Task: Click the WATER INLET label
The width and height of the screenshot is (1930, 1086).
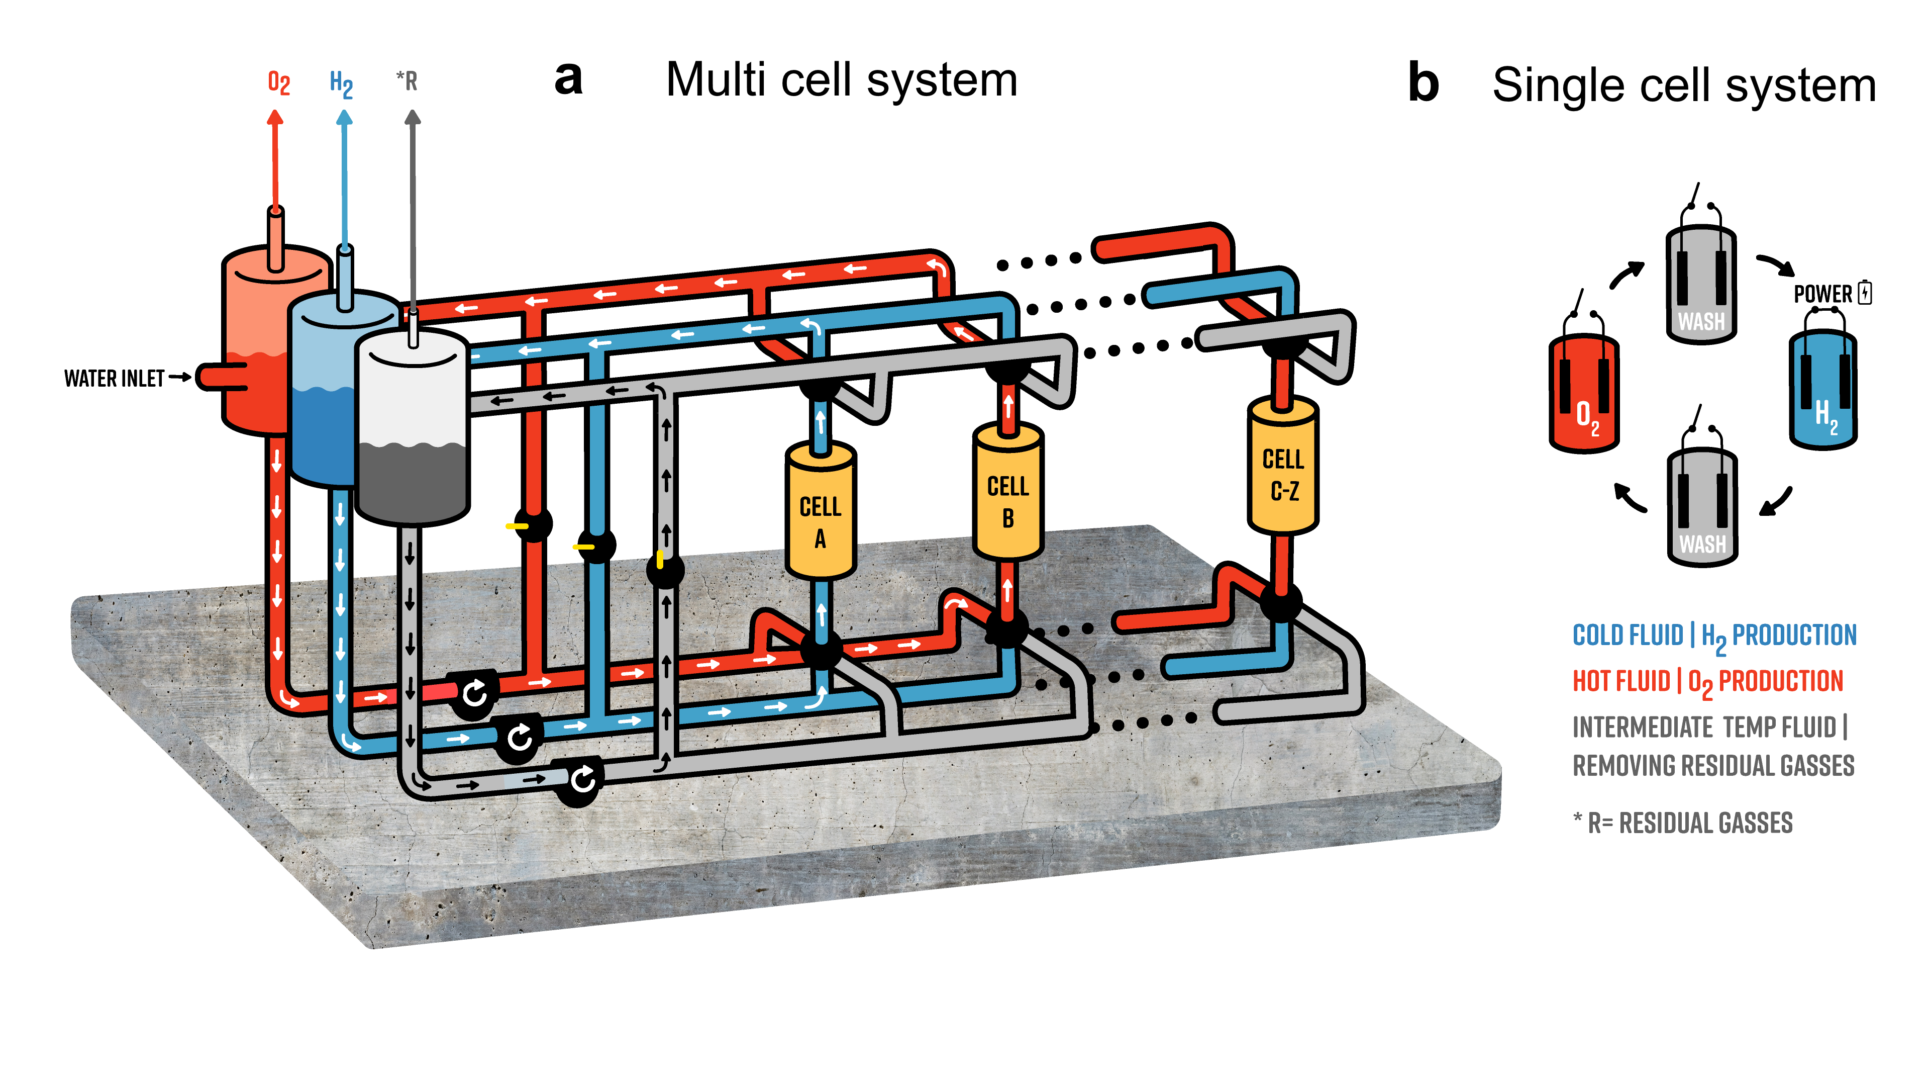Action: pos(114,379)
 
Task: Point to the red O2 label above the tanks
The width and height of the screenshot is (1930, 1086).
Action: pos(279,82)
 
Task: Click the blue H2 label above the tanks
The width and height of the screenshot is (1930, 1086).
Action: pos(341,84)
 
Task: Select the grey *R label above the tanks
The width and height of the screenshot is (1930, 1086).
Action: pos(407,80)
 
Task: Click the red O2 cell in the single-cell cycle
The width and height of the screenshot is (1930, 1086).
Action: pos(1584,394)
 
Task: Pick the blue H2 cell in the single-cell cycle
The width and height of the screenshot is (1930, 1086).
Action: pos(1823,390)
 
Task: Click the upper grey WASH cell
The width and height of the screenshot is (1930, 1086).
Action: pos(1701,285)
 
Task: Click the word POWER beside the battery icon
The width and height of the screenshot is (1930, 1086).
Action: pos(1822,294)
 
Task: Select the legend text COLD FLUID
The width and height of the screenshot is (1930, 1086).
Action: pos(1628,636)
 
